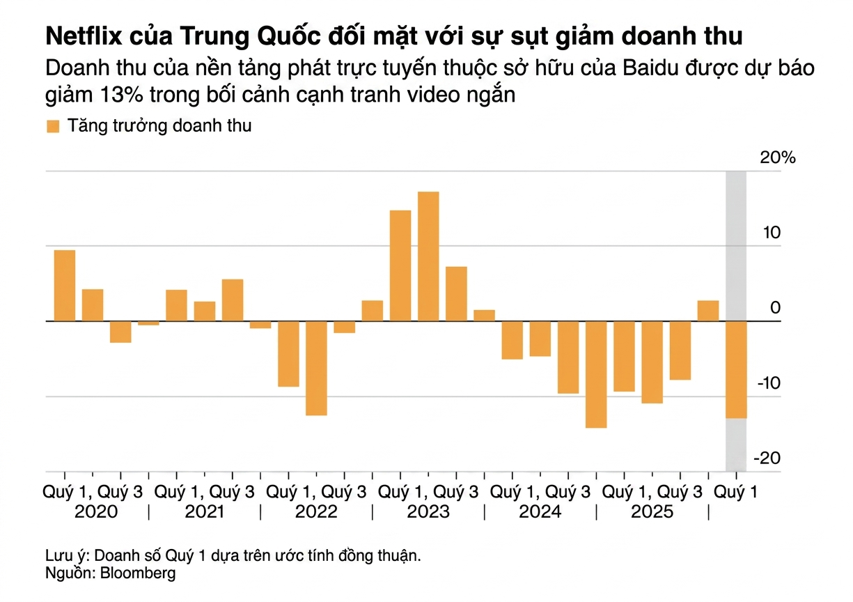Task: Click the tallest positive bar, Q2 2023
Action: [428, 256]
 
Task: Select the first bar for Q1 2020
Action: [65, 285]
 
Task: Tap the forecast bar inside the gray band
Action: [736, 369]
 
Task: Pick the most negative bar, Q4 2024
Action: [596, 374]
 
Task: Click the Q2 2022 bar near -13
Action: [316, 368]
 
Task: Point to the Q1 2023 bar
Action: [400, 265]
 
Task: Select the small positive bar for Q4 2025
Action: [708, 311]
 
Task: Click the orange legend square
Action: [53, 126]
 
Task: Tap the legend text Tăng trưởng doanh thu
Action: [159, 126]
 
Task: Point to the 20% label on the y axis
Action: [778, 157]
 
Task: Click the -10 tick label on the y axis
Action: [769, 383]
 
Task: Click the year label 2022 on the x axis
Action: [316, 512]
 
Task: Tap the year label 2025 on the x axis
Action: [652, 512]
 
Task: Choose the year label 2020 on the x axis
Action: [93, 512]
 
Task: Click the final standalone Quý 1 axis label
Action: [737, 492]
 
